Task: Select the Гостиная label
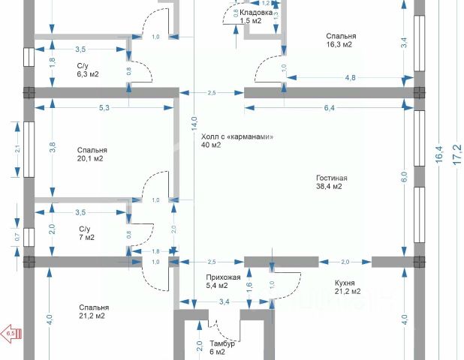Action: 331,178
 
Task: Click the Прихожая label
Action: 224,277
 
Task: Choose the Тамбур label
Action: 222,343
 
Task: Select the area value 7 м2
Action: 86,238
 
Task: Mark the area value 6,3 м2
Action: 88,74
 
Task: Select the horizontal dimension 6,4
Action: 329,109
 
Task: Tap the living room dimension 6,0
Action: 404,176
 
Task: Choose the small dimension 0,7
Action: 17,238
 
